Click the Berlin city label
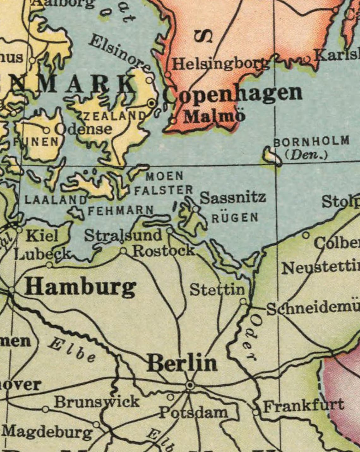(x=182, y=363)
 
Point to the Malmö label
(x=214, y=117)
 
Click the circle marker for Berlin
(x=190, y=385)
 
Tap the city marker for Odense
(x=46, y=130)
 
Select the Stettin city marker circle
(x=243, y=301)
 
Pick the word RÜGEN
(x=235, y=218)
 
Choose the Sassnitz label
(x=233, y=198)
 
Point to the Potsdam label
(x=193, y=412)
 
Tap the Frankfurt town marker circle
(x=255, y=412)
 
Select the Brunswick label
(x=96, y=402)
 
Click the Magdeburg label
(x=47, y=432)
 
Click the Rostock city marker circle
(x=123, y=251)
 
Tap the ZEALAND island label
(x=114, y=116)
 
